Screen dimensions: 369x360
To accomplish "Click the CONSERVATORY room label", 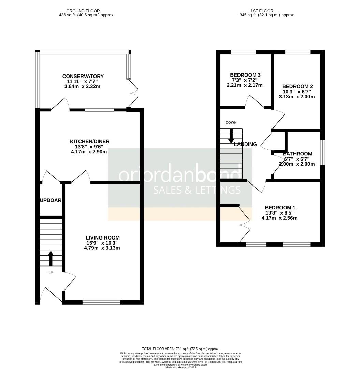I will click(83, 76).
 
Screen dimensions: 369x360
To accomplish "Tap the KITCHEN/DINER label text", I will click(90, 141).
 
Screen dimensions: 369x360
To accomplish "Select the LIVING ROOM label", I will click(103, 238).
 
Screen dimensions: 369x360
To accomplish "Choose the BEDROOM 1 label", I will click(280, 208).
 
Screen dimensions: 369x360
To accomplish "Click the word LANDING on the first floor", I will click(245, 145).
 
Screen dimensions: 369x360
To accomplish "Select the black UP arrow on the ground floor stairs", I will click(51, 259).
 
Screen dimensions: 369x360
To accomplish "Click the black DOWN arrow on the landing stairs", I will click(231, 136).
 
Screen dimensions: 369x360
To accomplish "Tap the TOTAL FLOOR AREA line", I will click(181, 349).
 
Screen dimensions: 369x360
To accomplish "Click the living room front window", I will click(102, 302).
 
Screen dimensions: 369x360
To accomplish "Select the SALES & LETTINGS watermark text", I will click(197, 190).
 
